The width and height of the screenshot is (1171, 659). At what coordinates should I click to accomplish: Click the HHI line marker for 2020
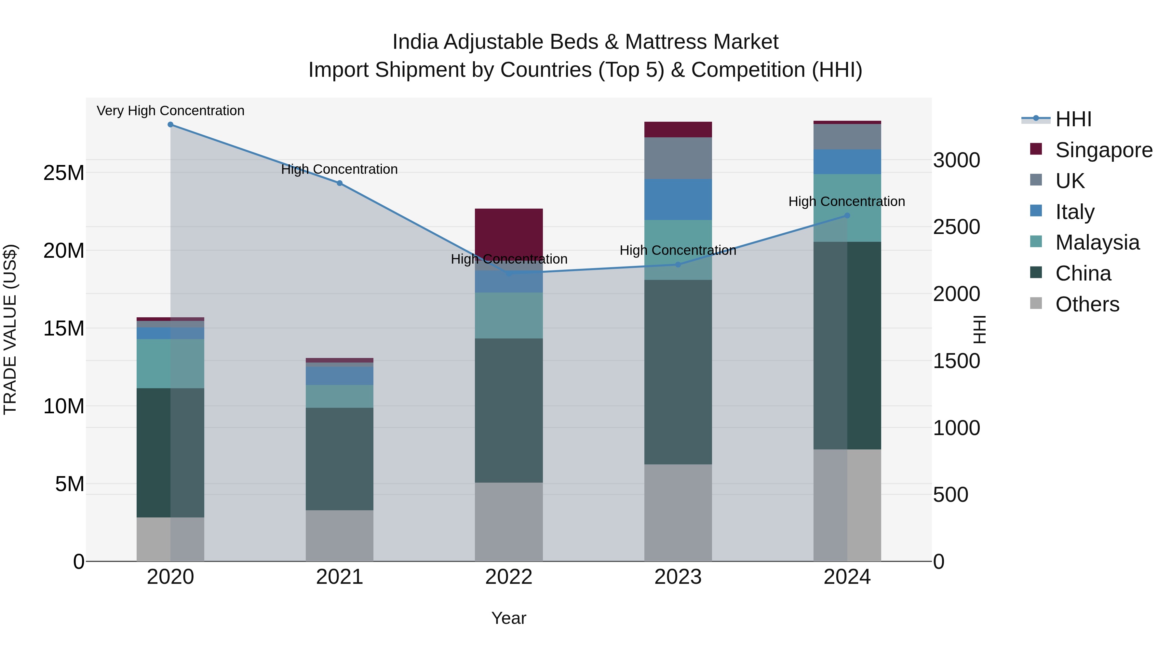[170, 125]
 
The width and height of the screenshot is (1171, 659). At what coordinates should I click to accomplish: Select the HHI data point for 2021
[340, 183]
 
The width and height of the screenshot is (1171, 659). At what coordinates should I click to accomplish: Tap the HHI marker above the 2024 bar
[847, 215]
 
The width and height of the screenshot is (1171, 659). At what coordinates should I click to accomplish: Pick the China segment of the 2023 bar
[678, 372]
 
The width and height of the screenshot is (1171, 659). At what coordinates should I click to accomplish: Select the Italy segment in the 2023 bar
[678, 200]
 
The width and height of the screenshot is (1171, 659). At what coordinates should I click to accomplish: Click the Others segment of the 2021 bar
[340, 535]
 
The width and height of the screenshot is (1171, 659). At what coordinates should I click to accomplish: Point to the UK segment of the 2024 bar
[847, 136]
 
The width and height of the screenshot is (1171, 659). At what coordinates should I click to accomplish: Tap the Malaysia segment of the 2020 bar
[170, 364]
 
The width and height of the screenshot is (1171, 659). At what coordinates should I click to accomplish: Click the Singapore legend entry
[1103, 150]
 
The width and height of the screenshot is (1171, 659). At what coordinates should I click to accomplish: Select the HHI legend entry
[1073, 119]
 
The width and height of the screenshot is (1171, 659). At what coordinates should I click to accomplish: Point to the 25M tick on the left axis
[64, 173]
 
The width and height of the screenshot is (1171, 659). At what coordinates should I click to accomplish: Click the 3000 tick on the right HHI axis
[956, 160]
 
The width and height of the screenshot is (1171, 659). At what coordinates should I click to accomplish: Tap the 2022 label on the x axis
[509, 577]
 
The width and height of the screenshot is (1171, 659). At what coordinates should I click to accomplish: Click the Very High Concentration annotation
[170, 111]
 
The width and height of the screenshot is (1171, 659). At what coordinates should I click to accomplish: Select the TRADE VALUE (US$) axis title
[10, 329]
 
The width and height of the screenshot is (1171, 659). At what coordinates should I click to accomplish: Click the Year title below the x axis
[509, 618]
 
